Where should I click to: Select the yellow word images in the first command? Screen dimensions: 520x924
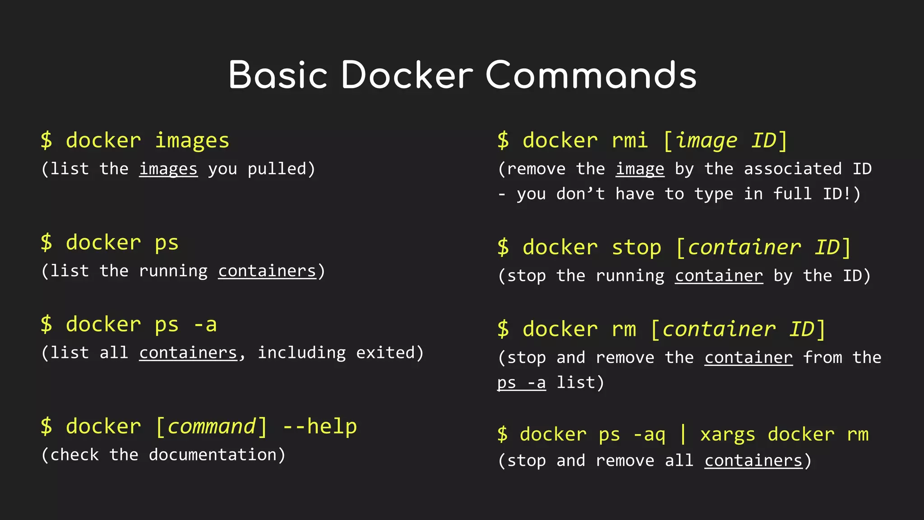point(192,141)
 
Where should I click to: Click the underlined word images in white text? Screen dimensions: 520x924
point(168,169)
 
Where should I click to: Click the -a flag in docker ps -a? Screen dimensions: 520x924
point(205,325)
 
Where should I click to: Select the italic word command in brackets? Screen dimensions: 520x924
point(211,427)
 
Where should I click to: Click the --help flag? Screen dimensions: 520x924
point(319,427)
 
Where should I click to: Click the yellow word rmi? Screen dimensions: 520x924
point(630,141)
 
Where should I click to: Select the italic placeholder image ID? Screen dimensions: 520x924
point(725,141)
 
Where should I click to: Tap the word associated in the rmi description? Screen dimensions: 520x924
point(793,169)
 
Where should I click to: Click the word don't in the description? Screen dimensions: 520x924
point(580,195)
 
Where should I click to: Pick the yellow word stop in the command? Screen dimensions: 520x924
point(636,247)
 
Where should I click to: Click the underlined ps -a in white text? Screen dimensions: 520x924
point(521,383)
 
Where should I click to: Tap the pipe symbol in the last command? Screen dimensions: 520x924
point(683,434)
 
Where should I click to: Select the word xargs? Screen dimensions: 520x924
point(727,435)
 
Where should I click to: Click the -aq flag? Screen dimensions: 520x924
point(649,435)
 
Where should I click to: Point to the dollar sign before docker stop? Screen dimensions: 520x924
point(503,247)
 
